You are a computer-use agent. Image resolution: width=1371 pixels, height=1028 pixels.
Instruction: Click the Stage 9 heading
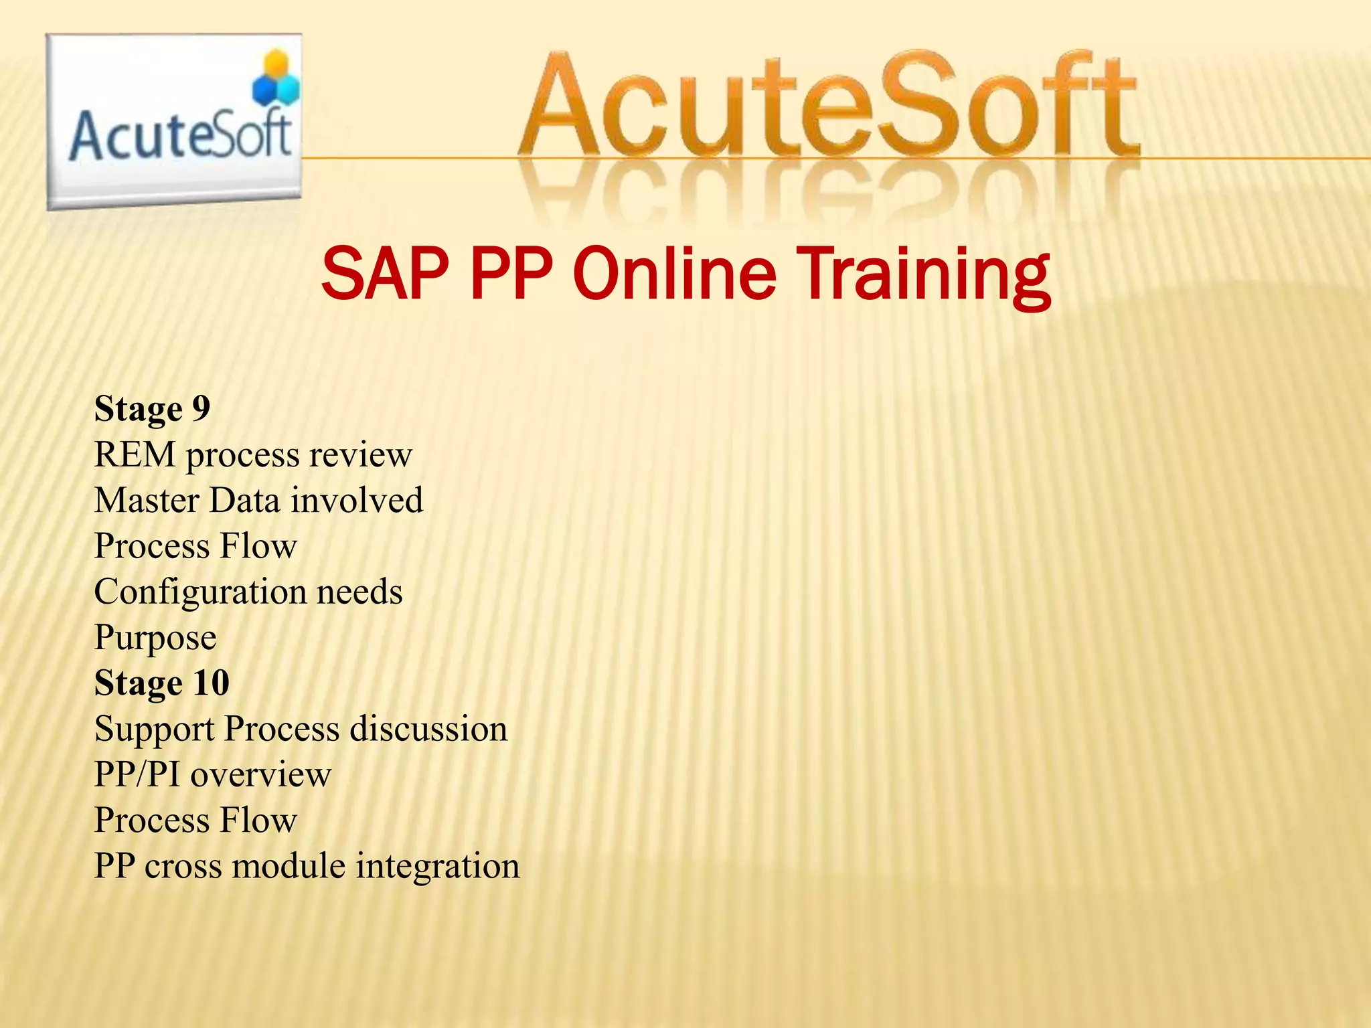[x=152, y=409]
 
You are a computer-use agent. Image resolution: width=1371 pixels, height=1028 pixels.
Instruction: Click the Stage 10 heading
[x=162, y=683]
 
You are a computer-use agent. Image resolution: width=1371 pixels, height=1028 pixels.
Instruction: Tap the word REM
[x=135, y=455]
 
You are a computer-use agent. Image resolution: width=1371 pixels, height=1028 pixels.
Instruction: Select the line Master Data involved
[x=258, y=501]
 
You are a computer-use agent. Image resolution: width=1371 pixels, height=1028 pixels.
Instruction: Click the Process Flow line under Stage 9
[x=195, y=546]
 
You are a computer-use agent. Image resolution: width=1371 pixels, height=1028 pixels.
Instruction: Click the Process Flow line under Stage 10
[x=195, y=821]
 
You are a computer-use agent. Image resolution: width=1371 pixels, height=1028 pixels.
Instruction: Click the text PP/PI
[x=137, y=775]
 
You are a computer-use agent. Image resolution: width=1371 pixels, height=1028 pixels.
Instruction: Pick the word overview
[x=261, y=775]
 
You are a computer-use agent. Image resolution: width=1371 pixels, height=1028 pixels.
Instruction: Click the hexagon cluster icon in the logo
[x=275, y=79]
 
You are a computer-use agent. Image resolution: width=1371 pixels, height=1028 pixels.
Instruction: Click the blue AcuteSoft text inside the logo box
[x=179, y=136]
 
